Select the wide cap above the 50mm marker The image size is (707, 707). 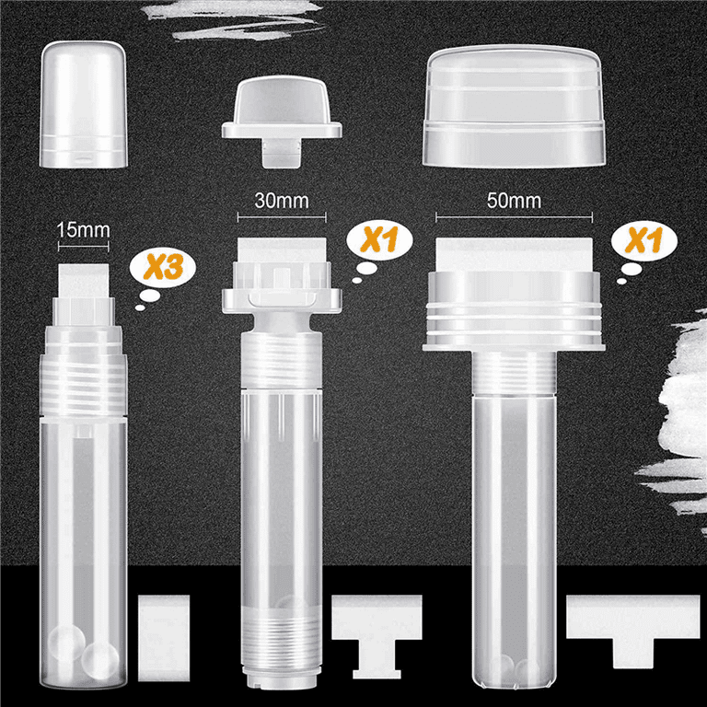(x=513, y=106)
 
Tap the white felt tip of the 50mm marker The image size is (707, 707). (x=513, y=249)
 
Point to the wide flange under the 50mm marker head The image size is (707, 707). (x=513, y=346)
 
